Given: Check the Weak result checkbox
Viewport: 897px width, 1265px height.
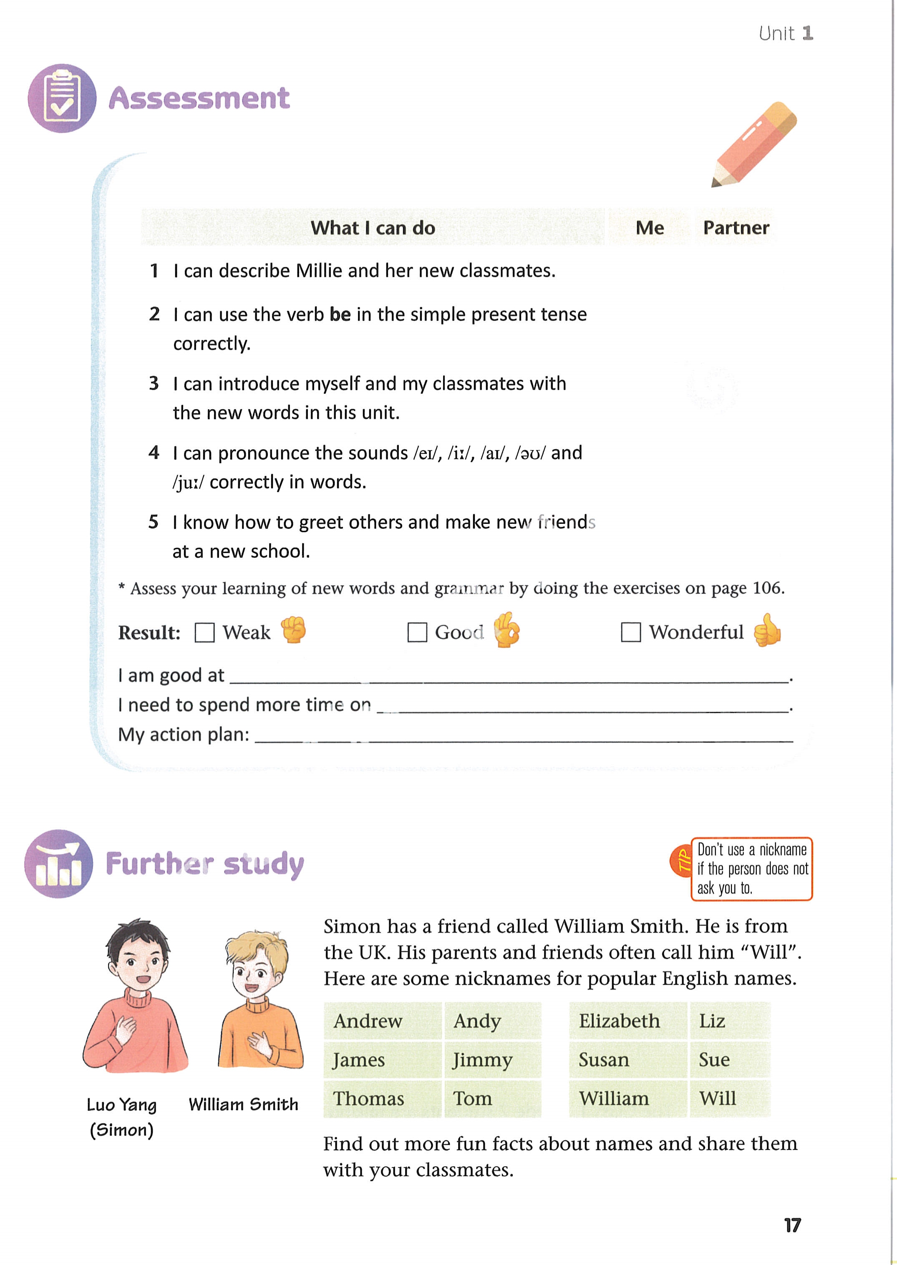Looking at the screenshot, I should (204, 632).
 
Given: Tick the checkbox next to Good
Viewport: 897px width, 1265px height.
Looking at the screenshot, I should (417, 632).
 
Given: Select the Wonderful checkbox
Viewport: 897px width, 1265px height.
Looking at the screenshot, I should (630, 632).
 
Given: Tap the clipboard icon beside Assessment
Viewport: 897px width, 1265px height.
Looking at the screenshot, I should (62, 98).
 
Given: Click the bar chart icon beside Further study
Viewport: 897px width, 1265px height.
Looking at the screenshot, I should (58, 864).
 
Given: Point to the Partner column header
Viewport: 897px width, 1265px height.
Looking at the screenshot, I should (736, 227).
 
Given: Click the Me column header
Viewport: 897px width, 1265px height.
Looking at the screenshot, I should (650, 227).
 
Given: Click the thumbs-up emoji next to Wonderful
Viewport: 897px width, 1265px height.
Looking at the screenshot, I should (767, 630).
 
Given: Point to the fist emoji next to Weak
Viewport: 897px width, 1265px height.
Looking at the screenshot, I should (293, 629).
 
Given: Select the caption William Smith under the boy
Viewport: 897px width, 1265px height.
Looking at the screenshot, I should (243, 1104).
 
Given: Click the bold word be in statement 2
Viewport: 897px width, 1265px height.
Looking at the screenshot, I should (340, 314).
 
